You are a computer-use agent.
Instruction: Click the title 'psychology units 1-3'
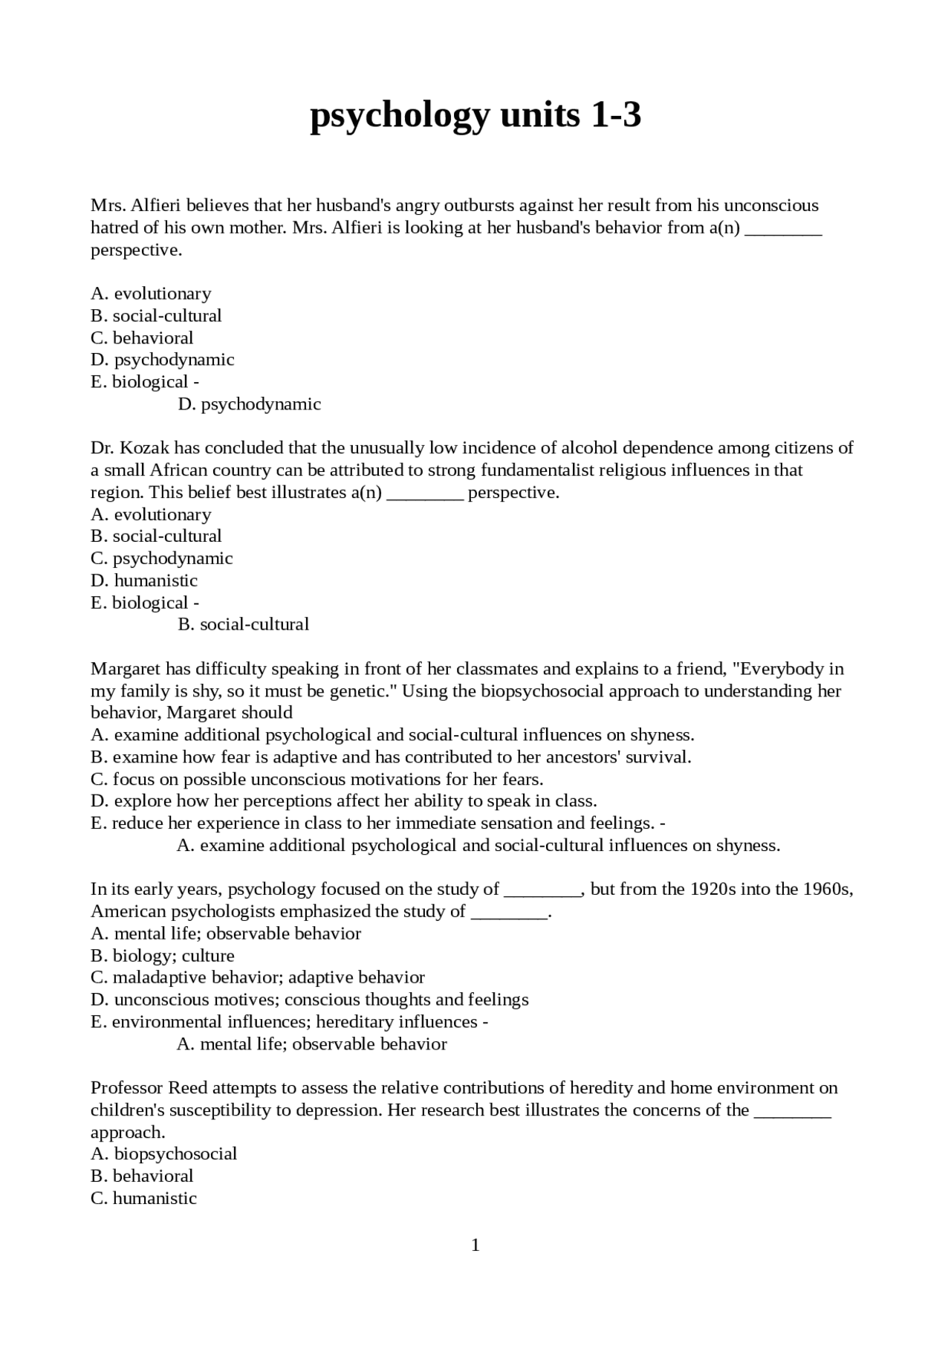(475, 115)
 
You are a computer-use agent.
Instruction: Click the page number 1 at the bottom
(475, 1244)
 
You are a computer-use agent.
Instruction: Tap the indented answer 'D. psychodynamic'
(250, 404)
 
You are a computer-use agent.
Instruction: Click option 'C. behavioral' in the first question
(142, 338)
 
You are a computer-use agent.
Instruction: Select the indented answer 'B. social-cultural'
(244, 624)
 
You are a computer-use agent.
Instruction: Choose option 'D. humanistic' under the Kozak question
(144, 580)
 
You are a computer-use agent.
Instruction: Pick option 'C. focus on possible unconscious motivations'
(317, 780)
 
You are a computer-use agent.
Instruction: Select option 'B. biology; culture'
(162, 956)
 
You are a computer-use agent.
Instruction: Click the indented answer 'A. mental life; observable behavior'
(312, 1044)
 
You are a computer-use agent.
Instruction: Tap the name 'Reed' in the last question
(188, 1088)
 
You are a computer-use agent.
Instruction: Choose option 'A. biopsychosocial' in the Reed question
(163, 1154)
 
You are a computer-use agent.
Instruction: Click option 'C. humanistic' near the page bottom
(143, 1198)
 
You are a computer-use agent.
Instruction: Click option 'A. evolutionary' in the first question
(151, 294)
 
